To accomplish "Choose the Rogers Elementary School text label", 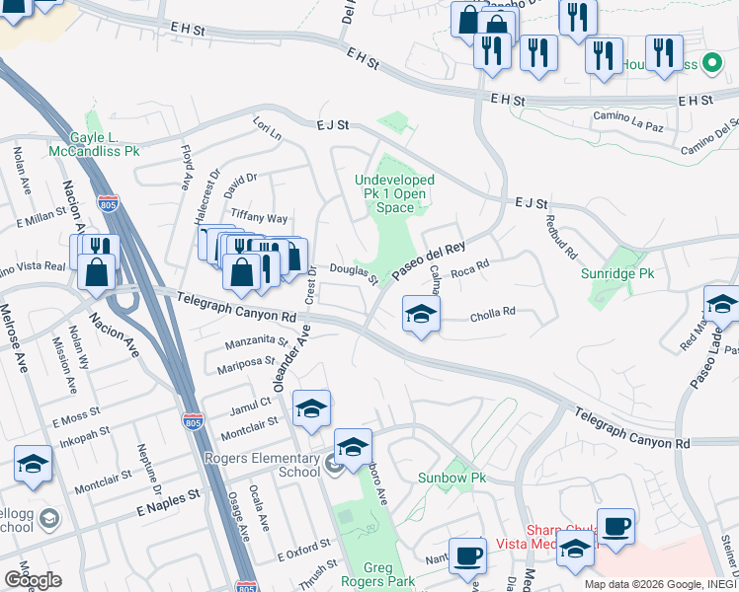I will [263, 465].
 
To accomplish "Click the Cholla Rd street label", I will [493, 312].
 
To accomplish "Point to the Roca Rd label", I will [470, 267].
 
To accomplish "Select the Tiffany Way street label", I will [259, 218].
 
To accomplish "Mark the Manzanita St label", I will [256, 343].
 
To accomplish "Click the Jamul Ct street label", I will [252, 404].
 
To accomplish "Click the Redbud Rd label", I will [560, 237].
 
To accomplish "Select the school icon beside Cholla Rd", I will [421, 316].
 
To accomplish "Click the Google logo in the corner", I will [33, 579].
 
